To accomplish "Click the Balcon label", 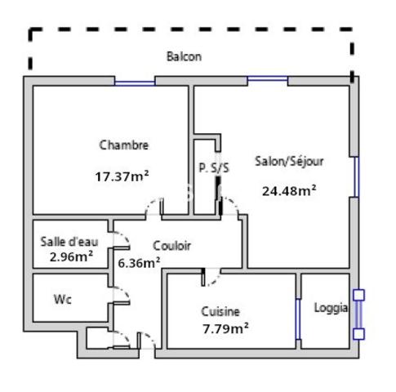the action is (x=184, y=56).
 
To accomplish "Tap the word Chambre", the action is (x=124, y=145).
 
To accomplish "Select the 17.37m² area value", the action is (x=122, y=176).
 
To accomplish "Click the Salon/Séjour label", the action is (x=289, y=162).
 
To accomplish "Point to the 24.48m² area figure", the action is (x=289, y=190).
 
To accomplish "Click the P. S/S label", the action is (x=214, y=167).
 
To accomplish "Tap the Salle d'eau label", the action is (x=69, y=242).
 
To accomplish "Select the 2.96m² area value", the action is (x=71, y=256).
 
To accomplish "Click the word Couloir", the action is (x=171, y=246).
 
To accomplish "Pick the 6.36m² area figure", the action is (x=139, y=263).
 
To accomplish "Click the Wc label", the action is (x=63, y=300).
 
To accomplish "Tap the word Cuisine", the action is (x=220, y=311).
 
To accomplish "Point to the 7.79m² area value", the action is (x=225, y=328).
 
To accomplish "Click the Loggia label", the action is (x=331, y=308).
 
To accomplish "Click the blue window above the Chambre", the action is (x=135, y=82).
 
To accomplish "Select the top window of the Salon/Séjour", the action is (x=268, y=79).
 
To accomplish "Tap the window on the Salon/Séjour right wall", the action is (x=356, y=176).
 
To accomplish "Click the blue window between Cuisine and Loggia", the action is (x=298, y=319).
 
